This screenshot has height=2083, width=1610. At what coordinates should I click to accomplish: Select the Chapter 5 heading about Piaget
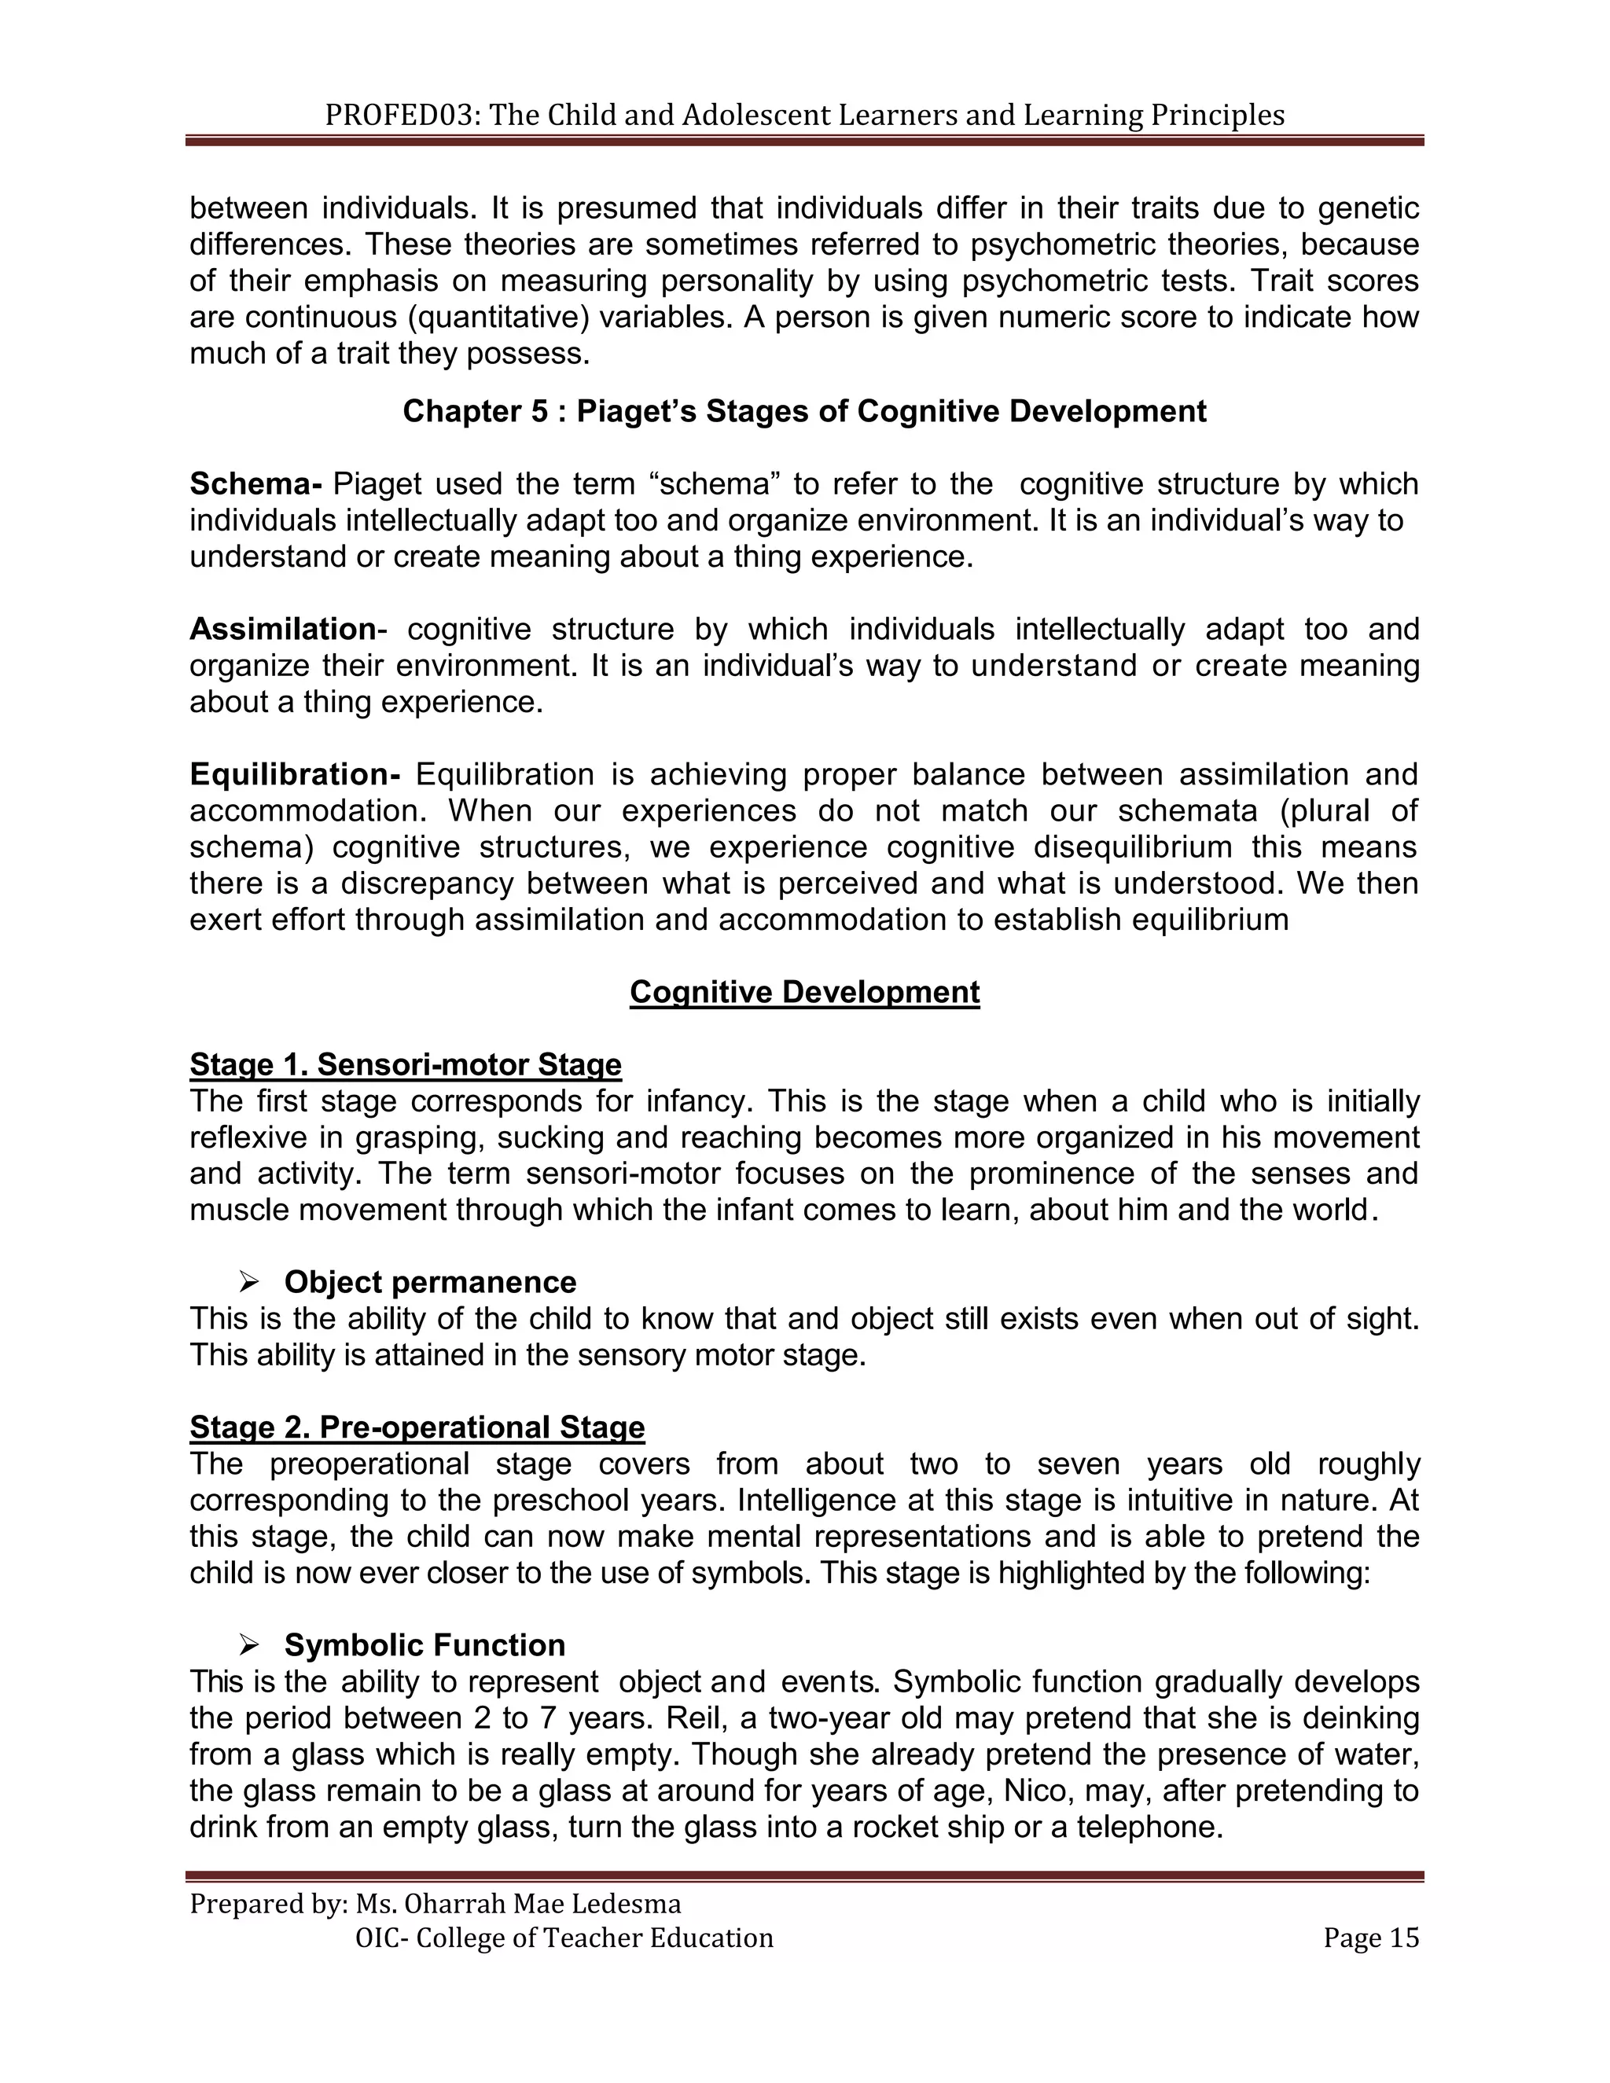[804, 411]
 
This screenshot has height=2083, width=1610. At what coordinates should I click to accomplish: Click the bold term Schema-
[255, 484]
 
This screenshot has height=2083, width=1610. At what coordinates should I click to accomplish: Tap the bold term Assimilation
[283, 630]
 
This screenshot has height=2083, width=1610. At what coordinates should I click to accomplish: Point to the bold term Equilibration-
[295, 774]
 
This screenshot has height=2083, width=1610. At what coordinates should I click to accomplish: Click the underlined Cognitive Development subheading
[804, 992]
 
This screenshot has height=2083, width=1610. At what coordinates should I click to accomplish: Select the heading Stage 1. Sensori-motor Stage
[406, 1064]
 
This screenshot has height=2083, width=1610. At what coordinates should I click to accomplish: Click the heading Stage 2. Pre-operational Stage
[417, 1427]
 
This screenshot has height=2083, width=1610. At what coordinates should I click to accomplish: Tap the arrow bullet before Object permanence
[250, 1283]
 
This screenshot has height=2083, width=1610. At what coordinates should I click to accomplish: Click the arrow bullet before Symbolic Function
[250, 1645]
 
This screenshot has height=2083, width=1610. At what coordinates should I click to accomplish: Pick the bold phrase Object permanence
[430, 1282]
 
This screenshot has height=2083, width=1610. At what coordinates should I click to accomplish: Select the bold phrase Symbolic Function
[425, 1645]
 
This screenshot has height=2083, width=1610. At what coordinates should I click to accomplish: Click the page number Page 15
[1370, 1938]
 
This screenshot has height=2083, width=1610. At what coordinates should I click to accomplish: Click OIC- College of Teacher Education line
[564, 1938]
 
